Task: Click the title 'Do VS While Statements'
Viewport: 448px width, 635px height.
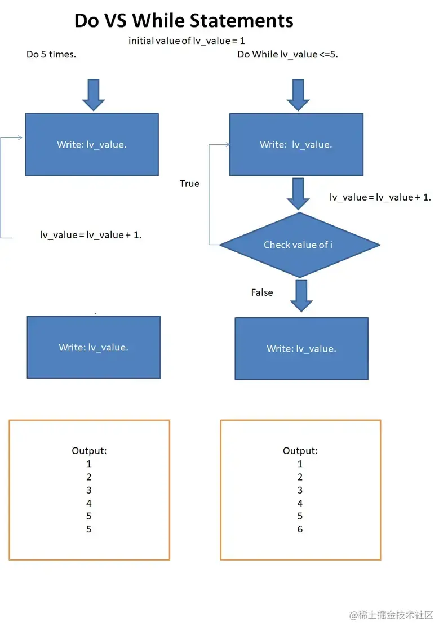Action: coord(184,21)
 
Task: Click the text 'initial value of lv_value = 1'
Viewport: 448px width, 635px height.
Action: coord(187,41)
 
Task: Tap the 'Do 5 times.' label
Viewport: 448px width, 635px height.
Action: coord(51,55)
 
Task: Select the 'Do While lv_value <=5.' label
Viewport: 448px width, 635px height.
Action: coord(287,55)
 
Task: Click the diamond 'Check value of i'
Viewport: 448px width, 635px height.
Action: coord(299,245)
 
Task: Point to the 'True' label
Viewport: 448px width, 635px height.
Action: coord(189,184)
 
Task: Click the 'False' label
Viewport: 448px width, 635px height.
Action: coord(261,292)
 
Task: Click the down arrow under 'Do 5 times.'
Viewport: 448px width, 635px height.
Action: coord(94,94)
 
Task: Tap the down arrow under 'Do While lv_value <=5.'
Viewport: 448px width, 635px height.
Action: coord(298,94)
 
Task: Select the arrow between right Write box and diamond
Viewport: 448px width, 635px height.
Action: coord(298,193)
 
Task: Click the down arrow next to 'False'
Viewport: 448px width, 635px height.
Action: coord(301,295)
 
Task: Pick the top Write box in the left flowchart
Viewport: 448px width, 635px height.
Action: coord(92,144)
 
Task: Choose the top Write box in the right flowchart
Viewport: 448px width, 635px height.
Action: coord(296,144)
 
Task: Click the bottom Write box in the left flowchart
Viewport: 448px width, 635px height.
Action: coord(94,347)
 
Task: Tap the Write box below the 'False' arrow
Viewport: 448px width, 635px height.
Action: coord(301,348)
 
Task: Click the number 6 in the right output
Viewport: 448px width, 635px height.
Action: coord(300,529)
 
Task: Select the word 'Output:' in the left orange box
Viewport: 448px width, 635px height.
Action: coord(89,451)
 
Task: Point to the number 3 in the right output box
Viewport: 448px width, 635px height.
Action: coord(300,490)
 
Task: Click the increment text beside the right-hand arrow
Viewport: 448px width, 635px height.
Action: coord(380,197)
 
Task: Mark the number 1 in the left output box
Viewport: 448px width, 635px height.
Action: coord(89,464)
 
